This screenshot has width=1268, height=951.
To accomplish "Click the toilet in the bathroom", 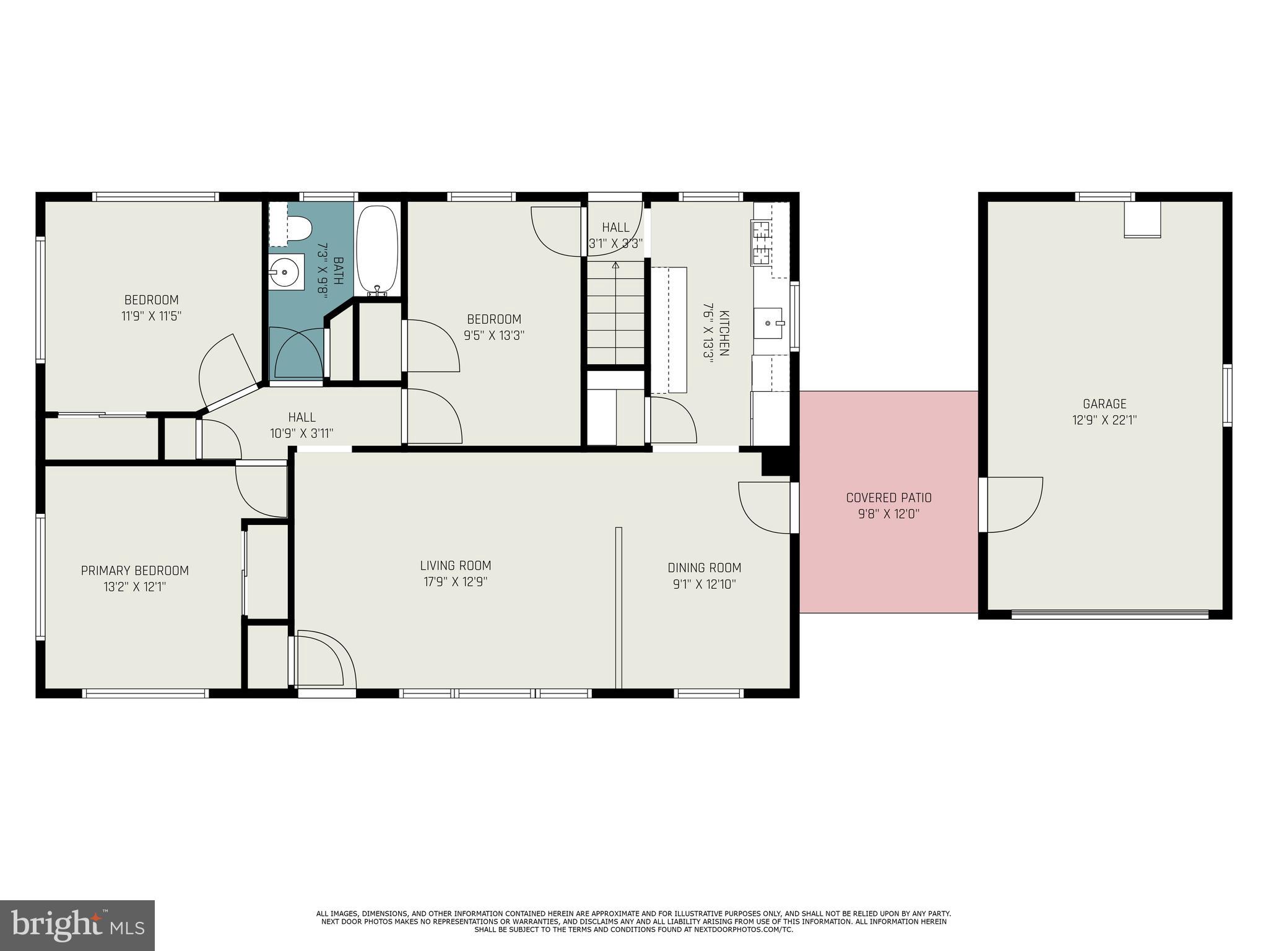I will tap(299, 228).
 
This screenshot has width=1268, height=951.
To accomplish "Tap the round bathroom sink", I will tap(284, 272).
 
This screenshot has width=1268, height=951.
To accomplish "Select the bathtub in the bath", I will tap(377, 250).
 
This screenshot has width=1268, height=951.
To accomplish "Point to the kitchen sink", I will tap(768, 323).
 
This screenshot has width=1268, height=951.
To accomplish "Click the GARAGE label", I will tap(1105, 404).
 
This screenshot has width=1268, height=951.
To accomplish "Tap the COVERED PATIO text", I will tap(888, 498).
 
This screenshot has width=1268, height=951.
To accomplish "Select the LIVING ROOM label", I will tap(456, 565).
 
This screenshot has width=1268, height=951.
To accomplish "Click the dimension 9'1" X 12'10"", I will tap(704, 584).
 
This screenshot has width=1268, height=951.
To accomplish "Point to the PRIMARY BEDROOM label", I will tap(135, 570).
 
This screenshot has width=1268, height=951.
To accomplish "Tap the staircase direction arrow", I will tap(615, 266).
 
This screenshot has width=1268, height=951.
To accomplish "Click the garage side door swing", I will tap(1013, 505).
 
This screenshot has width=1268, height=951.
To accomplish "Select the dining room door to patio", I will tap(765, 507).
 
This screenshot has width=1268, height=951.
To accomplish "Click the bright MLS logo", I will tap(77, 925).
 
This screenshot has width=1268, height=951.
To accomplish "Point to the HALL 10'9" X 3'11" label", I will tap(302, 425).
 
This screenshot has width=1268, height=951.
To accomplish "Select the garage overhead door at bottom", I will tap(1109, 614).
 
